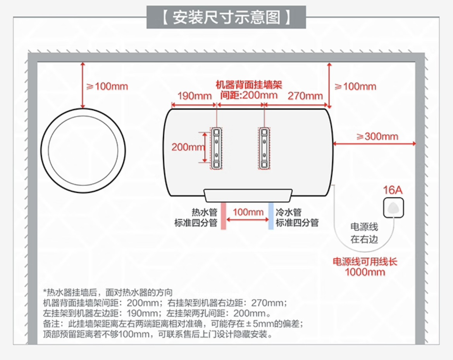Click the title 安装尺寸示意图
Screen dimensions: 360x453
[226, 17]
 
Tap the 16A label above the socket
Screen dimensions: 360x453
[393, 190]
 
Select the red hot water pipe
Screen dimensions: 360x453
[223, 215]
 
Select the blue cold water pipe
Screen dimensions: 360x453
[271, 215]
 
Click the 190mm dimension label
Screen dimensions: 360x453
[195, 96]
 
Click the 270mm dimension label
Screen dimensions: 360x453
[305, 96]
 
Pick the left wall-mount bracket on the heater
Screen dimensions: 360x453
[217, 148]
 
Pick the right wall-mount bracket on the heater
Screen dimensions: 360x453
[264, 148]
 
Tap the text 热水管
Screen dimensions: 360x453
[204, 213]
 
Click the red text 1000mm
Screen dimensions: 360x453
[365, 272]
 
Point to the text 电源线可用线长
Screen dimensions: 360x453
[365, 262]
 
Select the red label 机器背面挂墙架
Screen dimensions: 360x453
[248, 85]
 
